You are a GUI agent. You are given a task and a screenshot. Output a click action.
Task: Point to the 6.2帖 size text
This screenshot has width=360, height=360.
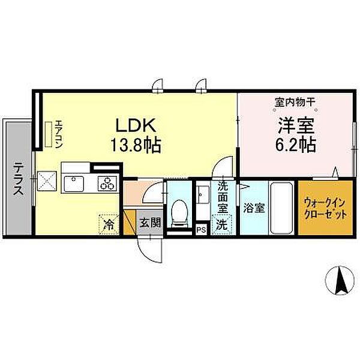point(296,145)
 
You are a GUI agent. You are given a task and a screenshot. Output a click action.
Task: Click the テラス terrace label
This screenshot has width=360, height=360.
point(19,179)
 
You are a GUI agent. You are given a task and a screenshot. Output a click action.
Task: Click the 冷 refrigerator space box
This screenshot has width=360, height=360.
point(109,225)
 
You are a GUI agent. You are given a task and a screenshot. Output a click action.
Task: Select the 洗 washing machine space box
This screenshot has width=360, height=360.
point(221,226)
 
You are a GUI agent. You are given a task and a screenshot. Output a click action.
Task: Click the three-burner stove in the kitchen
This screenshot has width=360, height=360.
point(108,182)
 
